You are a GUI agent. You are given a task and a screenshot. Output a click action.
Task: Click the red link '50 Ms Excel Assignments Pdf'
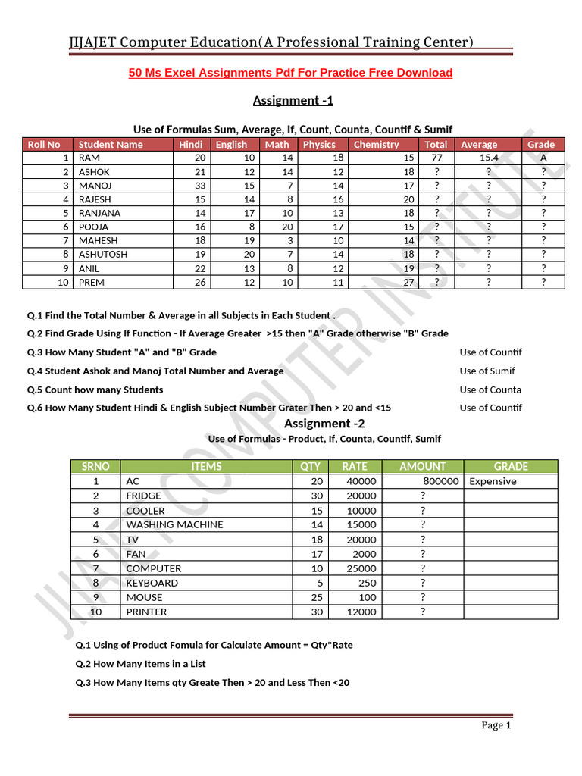pyautogui.click(x=290, y=73)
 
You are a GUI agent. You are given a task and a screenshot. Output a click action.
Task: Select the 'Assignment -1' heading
pyautogui.click(x=293, y=101)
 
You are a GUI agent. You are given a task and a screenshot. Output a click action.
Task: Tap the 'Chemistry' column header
pyautogui.click(x=376, y=144)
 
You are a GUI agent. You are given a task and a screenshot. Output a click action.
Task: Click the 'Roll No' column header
pyautogui.click(x=44, y=144)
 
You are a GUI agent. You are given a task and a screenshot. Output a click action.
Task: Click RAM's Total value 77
pyautogui.click(x=436, y=158)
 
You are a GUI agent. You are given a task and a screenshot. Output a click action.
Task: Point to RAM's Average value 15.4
pyautogui.click(x=489, y=158)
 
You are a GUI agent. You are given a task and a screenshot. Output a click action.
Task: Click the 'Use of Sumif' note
pyautogui.click(x=487, y=371)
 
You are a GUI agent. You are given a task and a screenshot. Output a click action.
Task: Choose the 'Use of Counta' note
pyautogui.click(x=490, y=390)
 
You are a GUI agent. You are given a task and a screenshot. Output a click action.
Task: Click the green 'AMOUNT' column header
pyautogui.click(x=422, y=466)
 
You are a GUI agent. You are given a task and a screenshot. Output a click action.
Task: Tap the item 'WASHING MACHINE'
pyautogui.click(x=174, y=524)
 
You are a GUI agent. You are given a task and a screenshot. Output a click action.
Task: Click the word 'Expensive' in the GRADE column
pyautogui.click(x=493, y=481)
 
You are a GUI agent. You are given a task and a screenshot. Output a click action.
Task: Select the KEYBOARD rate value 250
pyautogui.click(x=365, y=583)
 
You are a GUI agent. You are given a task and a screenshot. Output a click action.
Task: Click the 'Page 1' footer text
pyautogui.click(x=496, y=725)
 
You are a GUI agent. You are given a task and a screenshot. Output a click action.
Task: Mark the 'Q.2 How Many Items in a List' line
pyautogui.click(x=140, y=664)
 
